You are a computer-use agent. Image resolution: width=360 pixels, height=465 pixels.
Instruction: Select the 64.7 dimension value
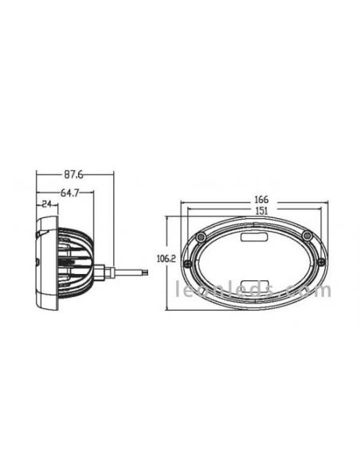click(x=70, y=192)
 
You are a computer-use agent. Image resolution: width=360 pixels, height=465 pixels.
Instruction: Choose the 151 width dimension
click(x=260, y=210)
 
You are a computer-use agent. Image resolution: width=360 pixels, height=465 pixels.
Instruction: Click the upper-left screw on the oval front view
click(x=203, y=237)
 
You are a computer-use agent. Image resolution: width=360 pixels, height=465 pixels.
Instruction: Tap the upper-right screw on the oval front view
click(x=307, y=236)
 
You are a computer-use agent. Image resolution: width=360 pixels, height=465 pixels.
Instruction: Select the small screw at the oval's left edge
click(x=188, y=264)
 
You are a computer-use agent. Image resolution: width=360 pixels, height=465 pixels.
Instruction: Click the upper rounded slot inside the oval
click(x=255, y=236)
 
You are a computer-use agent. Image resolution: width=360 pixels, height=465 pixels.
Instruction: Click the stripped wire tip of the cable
click(x=143, y=272)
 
